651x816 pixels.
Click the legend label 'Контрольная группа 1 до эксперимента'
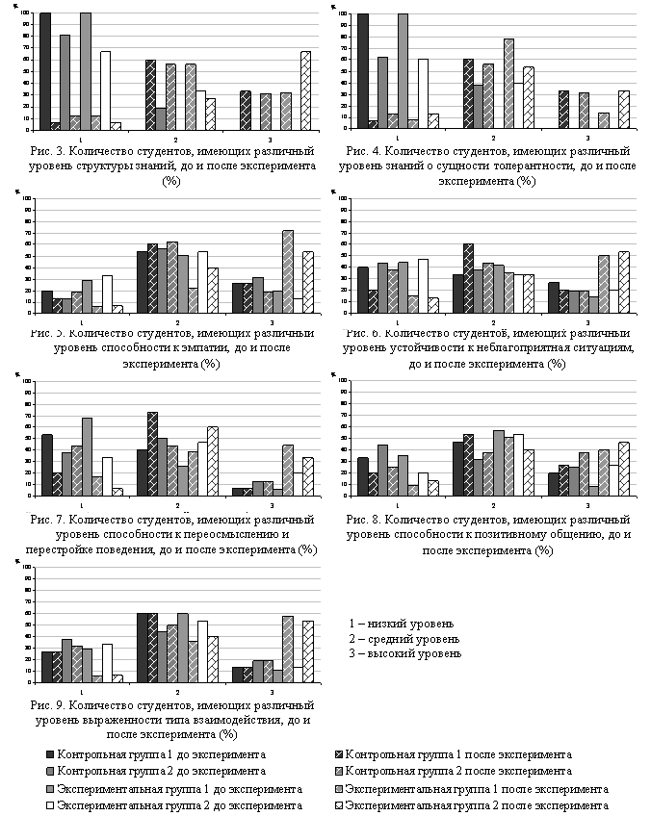coord(162,753)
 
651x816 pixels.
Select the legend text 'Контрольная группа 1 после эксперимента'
coord(458,753)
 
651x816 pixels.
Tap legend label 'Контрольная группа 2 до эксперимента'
coord(162,771)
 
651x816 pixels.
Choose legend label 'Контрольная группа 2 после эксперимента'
coord(458,771)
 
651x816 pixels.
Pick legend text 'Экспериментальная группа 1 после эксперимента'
coord(477,788)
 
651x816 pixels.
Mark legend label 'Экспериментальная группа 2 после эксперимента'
coord(477,805)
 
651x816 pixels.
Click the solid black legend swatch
coord(49,753)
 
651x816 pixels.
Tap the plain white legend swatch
coord(49,805)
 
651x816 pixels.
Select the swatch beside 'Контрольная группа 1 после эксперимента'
coord(337,753)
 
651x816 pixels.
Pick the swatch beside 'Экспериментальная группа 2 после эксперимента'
coord(337,805)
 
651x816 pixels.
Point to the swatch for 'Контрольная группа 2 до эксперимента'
coord(49,771)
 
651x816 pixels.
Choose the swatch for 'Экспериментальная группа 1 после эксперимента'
coord(337,788)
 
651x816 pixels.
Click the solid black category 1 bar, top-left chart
coord(45,71)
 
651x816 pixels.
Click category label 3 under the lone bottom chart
coord(273,692)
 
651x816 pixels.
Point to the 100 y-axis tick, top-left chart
coord(26,13)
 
